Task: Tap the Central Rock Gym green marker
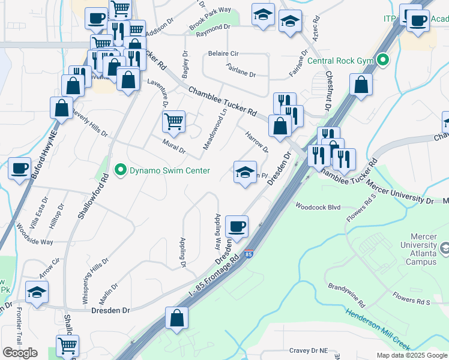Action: pyautogui.click(x=382, y=60)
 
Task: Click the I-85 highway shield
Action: pyautogui.click(x=249, y=254)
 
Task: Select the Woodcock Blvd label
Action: pyautogui.click(x=318, y=207)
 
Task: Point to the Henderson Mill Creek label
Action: pyautogui.click(x=378, y=328)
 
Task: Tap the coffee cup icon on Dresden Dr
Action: pyautogui.click(x=237, y=227)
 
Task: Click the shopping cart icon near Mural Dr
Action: pyautogui.click(x=173, y=122)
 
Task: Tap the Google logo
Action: pyautogui.click(x=20, y=353)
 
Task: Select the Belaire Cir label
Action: pyautogui.click(x=224, y=53)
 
